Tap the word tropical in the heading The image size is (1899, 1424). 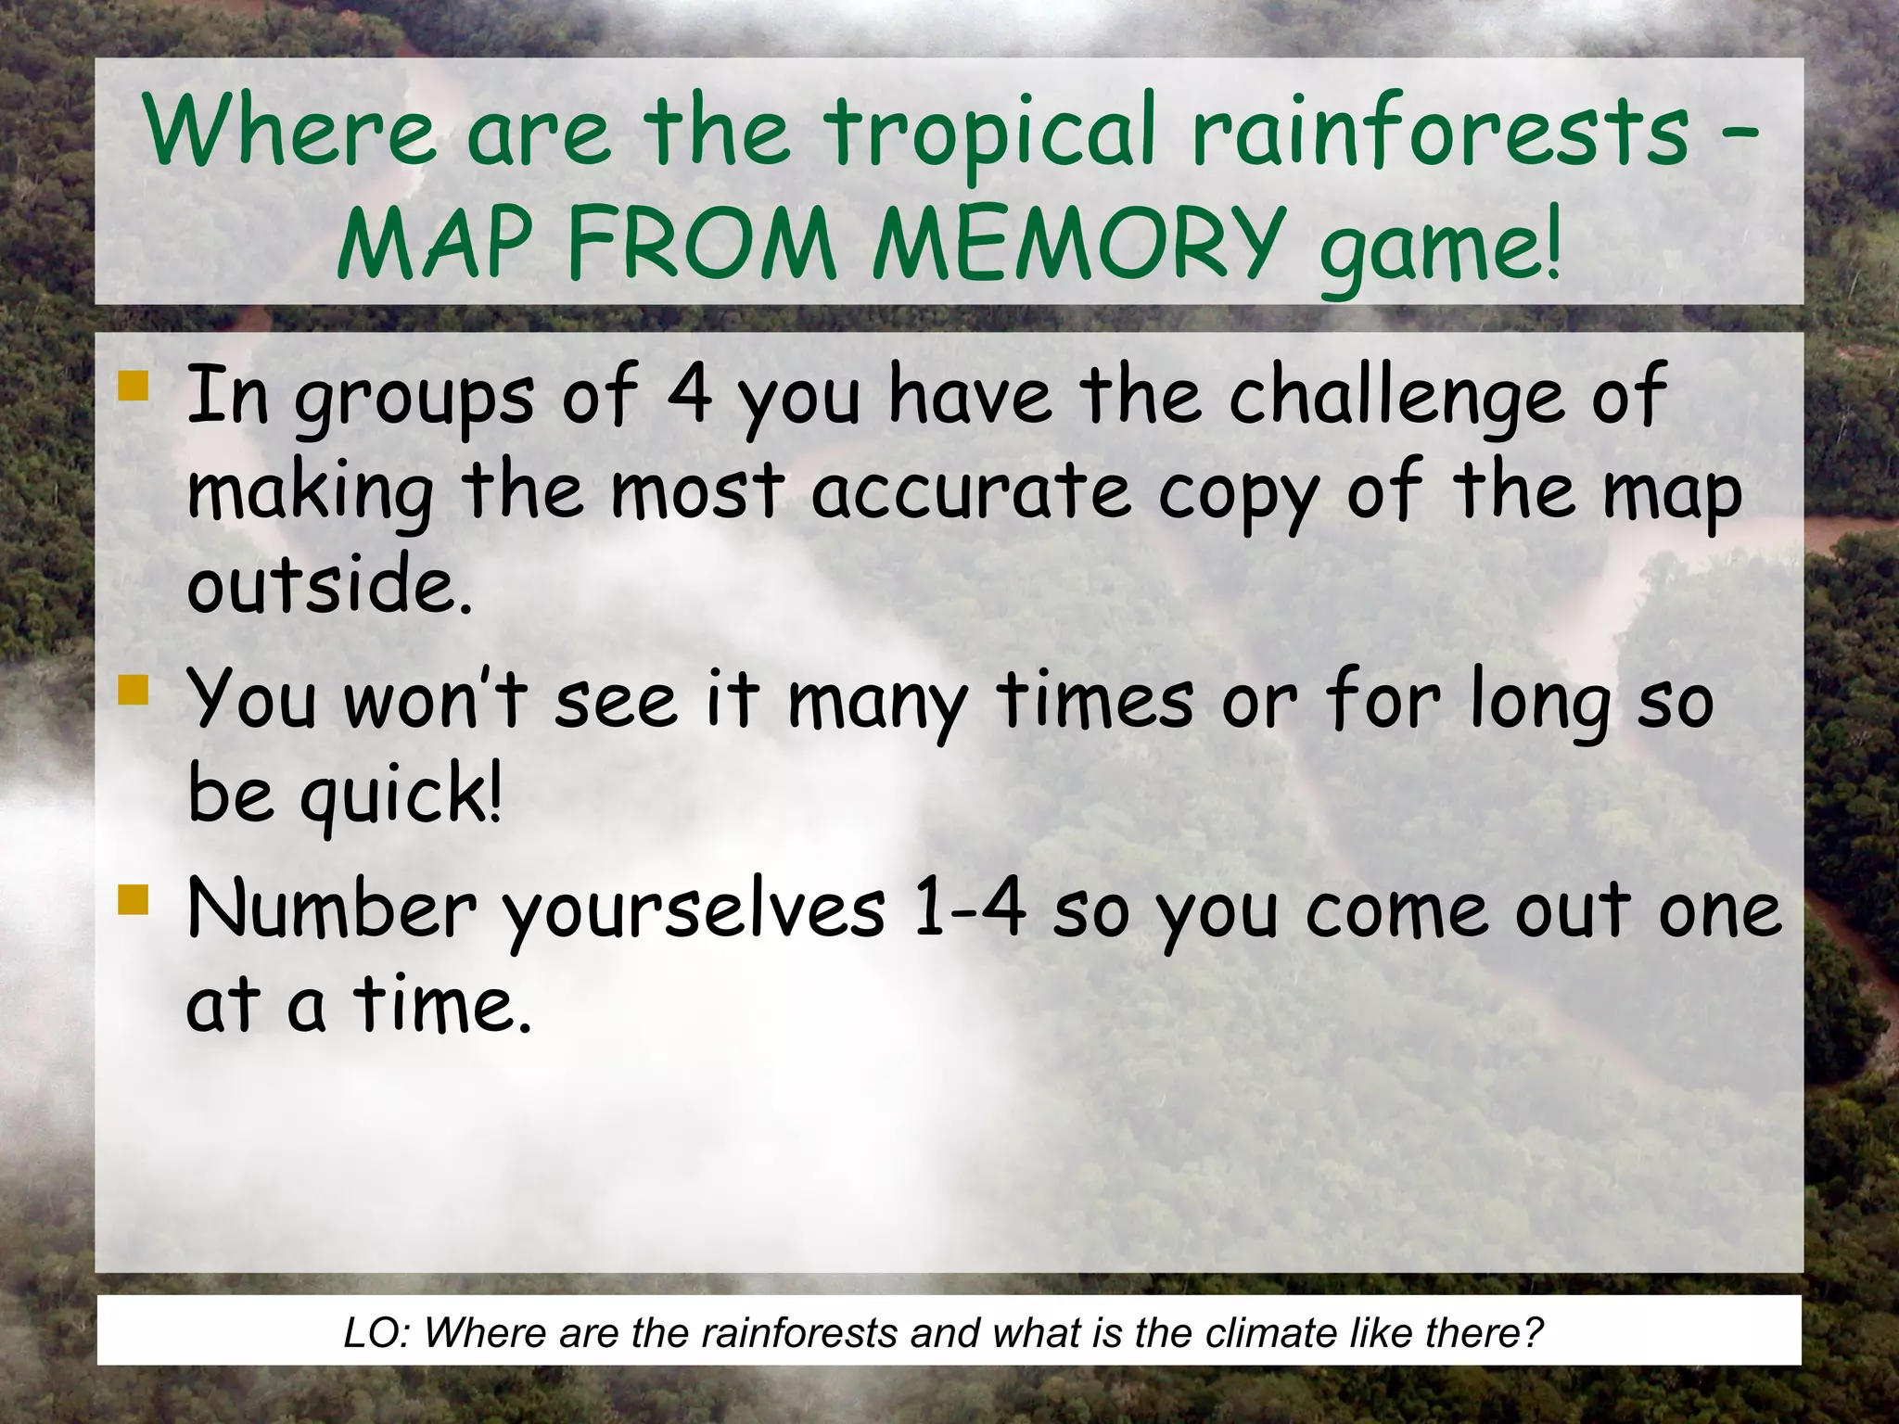point(990,135)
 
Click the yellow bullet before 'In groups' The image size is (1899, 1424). point(134,387)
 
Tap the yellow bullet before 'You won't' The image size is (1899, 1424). point(134,690)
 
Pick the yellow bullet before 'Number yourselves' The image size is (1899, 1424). point(134,899)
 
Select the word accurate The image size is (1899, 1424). point(971,492)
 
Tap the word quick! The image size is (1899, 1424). point(400,797)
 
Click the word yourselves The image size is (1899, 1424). point(694,912)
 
